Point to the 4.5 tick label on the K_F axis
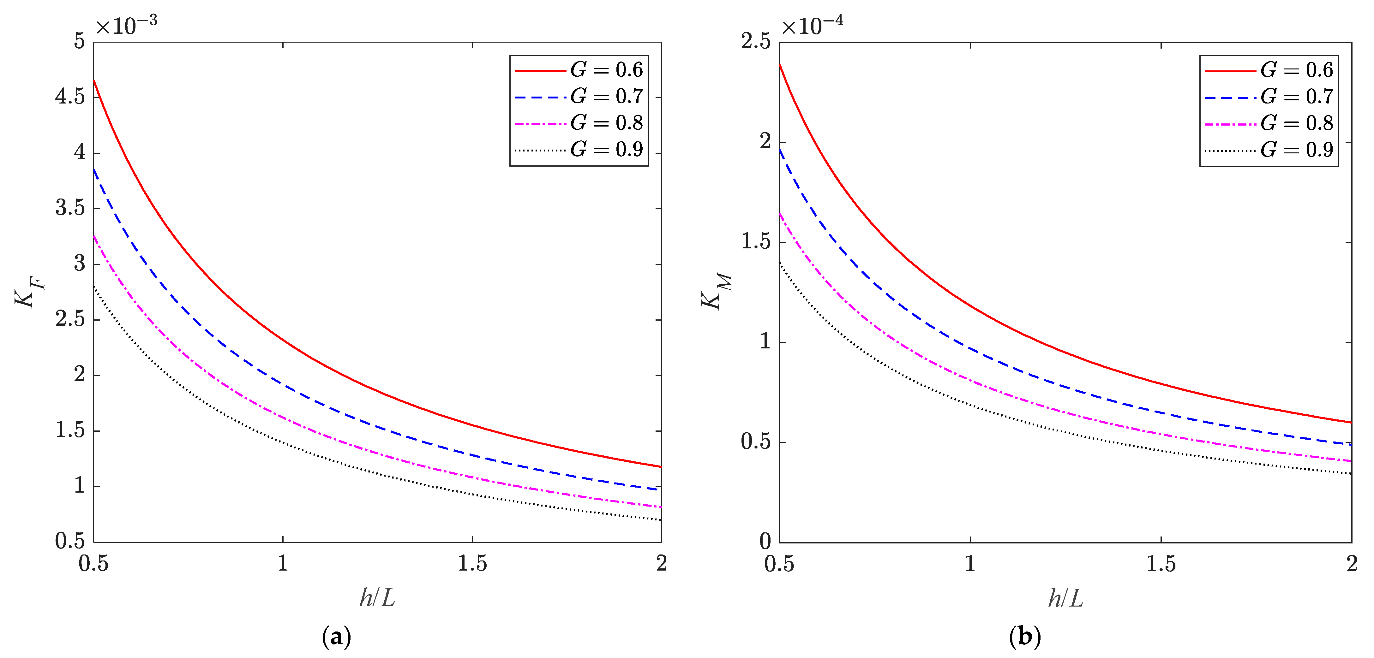(70, 97)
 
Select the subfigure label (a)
(337, 637)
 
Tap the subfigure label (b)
(1025, 637)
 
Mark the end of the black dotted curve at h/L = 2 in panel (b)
(1351, 473)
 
